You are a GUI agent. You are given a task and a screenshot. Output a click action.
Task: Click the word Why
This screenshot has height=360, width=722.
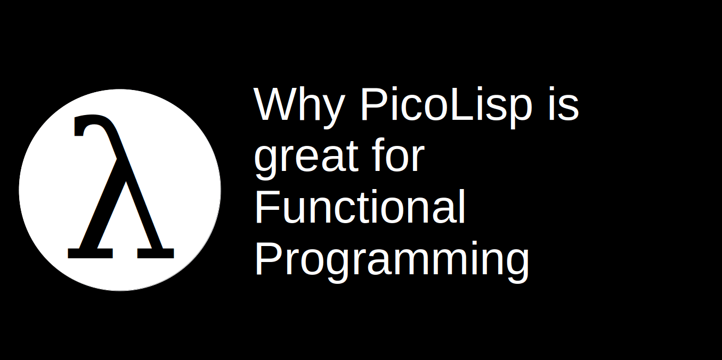299,105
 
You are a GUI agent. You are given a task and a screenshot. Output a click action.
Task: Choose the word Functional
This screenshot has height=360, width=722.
360,207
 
